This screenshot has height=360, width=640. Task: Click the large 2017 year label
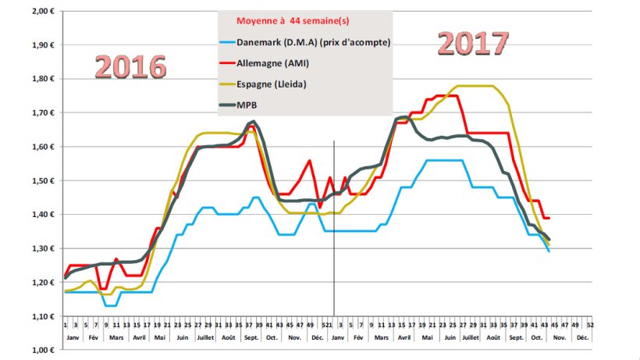473,43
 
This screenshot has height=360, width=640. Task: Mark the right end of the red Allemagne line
549,217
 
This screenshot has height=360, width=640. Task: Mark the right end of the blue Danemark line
549,251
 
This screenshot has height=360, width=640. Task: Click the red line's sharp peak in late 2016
310,161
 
